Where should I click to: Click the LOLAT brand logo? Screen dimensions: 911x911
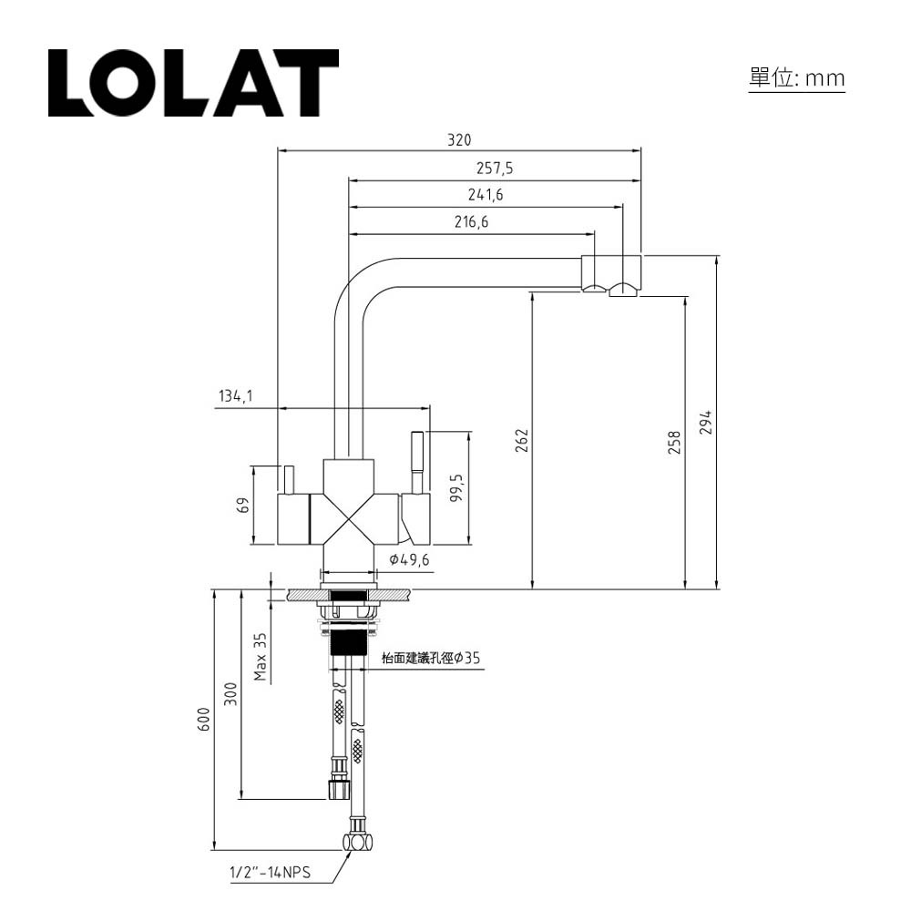point(193,83)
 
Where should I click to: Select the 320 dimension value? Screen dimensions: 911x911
point(459,140)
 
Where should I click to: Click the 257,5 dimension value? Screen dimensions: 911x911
point(495,168)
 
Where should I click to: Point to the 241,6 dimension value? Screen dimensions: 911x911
point(486,194)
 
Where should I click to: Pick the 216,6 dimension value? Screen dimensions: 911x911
point(472,221)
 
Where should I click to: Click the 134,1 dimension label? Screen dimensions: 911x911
point(235,396)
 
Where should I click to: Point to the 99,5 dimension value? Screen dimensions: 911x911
point(457,487)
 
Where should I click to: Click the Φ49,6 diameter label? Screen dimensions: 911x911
point(408,559)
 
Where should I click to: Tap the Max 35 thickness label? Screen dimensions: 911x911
point(261,657)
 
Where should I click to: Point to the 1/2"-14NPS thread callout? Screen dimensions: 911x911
point(270,873)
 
